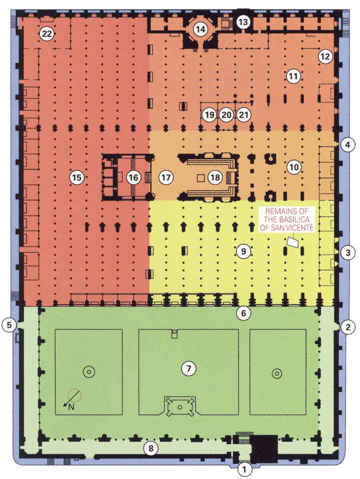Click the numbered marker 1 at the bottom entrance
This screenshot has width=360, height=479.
(x=244, y=469)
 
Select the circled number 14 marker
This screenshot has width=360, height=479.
(x=200, y=30)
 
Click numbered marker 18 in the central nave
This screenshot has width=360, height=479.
(x=214, y=177)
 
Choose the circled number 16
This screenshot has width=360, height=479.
(x=133, y=177)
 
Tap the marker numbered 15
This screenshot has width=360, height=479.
(x=78, y=177)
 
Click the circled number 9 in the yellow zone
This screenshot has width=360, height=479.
(x=243, y=251)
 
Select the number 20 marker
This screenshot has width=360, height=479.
(x=227, y=114)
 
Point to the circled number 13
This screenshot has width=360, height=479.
(x=244, y=22)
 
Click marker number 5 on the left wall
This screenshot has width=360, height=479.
(x=9, y=324)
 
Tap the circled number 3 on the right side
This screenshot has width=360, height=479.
(x=347, y=252)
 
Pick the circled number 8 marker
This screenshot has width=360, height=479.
(x=151, y=449)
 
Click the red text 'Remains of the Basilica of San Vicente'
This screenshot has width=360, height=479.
(x=288, y=218)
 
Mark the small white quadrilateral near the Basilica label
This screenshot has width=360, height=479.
(x=292, y=241)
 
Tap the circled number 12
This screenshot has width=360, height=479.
(x=325, y=55)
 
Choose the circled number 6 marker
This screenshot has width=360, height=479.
(x=243, y=313)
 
